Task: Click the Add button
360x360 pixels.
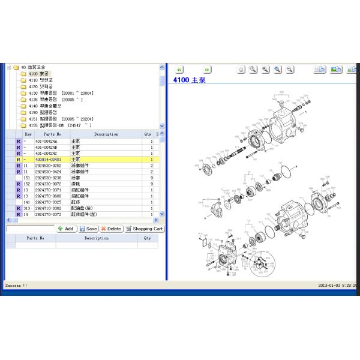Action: coord(65,229)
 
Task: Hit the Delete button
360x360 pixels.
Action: coord(111,229)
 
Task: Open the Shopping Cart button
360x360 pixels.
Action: coord(144,229)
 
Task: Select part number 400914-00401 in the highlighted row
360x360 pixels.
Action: coord(48,160)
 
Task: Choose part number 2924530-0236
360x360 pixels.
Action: coord(48,178)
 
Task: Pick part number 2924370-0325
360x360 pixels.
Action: coord(48,202)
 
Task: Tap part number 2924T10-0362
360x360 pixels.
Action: coord(48,208)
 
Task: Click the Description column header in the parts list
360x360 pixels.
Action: coord(106,134)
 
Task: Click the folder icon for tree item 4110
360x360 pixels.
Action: coord(23,80)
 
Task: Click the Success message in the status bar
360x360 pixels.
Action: coord(16,286)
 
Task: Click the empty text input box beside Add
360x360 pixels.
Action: coord(30,229)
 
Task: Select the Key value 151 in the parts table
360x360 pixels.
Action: coord(26,178)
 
